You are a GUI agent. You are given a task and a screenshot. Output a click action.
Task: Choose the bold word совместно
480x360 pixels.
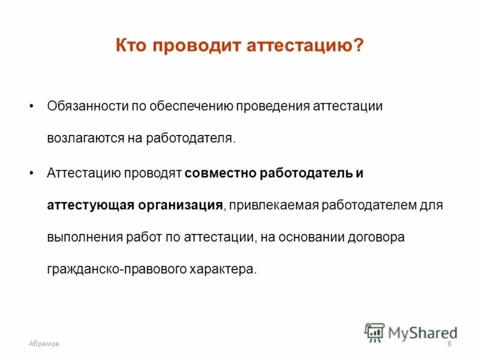(221, 173)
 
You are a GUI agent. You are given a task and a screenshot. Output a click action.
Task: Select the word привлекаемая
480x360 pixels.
(273, 205)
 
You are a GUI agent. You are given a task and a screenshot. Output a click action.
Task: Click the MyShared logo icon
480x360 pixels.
(374, 332)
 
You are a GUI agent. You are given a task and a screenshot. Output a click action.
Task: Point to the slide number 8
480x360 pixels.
(449, 343)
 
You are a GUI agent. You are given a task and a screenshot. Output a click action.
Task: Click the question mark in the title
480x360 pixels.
(358, 46)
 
